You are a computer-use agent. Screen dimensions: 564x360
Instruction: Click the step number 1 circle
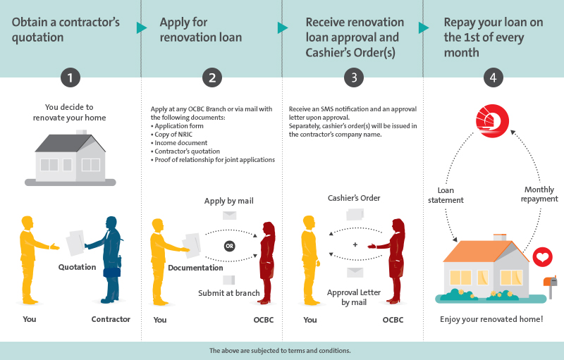click(70, 77)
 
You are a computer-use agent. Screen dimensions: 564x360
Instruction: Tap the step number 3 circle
click(354, 77)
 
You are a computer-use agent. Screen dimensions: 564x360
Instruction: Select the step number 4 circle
click(493, 77)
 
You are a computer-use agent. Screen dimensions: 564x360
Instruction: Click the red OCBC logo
click(492, 120)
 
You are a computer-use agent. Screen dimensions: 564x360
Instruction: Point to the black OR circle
click(230, 246)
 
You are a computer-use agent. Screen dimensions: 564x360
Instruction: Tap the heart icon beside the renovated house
click(542, 257)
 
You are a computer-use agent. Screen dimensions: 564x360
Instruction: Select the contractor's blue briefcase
click(112, 272)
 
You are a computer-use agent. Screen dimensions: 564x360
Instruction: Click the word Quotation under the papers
click(78, 267)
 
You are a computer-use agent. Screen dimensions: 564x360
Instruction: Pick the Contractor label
click(111, 319)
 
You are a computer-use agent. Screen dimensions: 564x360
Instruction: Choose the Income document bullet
click(179, 142)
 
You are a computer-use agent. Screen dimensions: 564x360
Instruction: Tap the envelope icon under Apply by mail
click(230, 215)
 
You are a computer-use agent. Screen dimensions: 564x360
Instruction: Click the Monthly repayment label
click(539, 194)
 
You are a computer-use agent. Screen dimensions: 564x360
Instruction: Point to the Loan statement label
click(446, 195)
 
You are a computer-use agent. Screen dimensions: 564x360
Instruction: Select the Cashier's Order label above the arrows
click(354, 198)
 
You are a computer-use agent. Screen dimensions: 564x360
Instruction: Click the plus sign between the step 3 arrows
click(355, 244)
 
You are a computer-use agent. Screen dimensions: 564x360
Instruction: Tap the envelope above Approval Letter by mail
click(355, 273)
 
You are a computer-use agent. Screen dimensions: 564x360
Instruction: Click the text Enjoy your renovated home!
click(491, 319)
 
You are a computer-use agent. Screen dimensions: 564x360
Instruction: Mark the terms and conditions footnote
click(280, 351)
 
